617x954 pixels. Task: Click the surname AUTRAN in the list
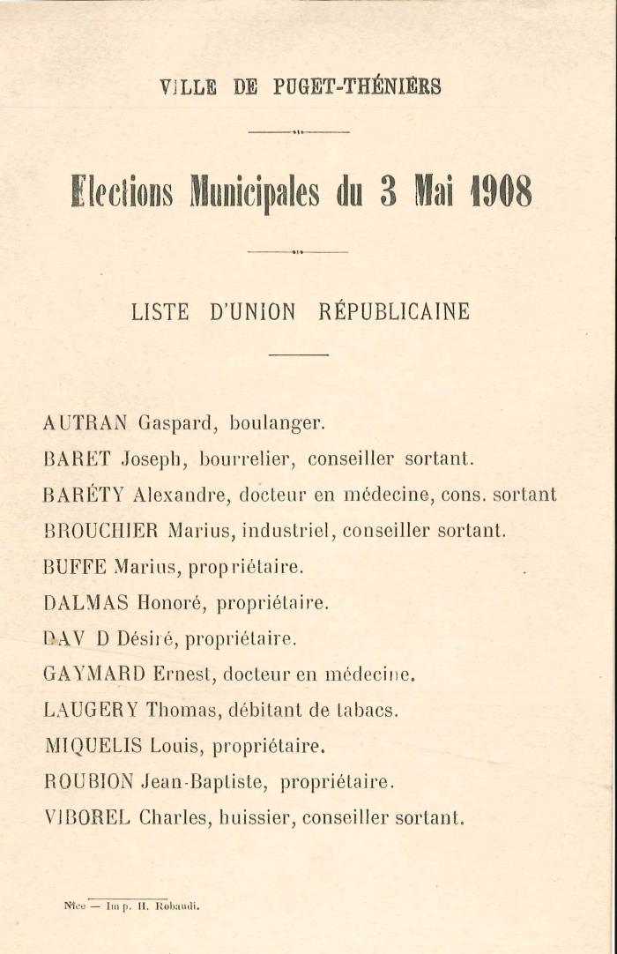point(85,422)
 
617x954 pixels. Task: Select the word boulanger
point(277,423)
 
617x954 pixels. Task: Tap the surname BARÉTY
point(84,495)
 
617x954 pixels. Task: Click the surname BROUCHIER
point(100,531)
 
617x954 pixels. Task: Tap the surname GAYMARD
point(93,675)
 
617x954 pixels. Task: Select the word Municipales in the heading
point(255,191)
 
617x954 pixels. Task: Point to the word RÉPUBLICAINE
point(393,312)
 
